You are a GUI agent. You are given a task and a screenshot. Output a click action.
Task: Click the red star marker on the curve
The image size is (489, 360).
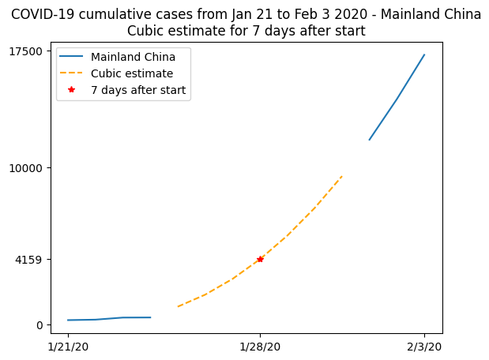(x=260, y=259)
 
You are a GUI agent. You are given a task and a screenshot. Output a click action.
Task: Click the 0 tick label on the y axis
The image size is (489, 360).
(x=39, y=324)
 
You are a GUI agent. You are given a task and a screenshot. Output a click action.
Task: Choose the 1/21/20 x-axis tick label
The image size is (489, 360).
(x=68, y=347)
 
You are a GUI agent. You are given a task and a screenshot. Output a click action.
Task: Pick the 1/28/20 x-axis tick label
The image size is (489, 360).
(x=260, y=347)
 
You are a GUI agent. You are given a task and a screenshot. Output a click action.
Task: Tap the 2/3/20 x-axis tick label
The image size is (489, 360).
(x=424, y=347)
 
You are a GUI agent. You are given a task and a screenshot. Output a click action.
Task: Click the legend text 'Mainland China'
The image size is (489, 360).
(x=133, y=57)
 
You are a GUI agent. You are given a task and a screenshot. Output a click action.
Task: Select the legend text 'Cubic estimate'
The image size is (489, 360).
(x=132, y=73)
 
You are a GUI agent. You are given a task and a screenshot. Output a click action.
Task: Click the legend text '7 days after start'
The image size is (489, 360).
(x=138, y=90)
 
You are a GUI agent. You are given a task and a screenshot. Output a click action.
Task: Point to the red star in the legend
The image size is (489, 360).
(x=72, y=90)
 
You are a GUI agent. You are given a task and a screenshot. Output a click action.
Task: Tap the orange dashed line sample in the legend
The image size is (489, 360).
(x=72, y=73)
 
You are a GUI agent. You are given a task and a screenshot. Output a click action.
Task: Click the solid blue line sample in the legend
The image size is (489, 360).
(x=72, y=57)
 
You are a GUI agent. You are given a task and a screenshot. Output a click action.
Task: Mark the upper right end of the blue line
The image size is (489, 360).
(x=424, y=54)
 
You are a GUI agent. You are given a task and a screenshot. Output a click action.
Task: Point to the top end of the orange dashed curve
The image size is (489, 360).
(x=342, y=175)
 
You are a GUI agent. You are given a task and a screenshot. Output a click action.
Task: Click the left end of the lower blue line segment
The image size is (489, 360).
(x=68, y=320)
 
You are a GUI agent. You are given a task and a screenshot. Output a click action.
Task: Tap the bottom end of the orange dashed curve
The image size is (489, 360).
(x=178, y=306)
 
